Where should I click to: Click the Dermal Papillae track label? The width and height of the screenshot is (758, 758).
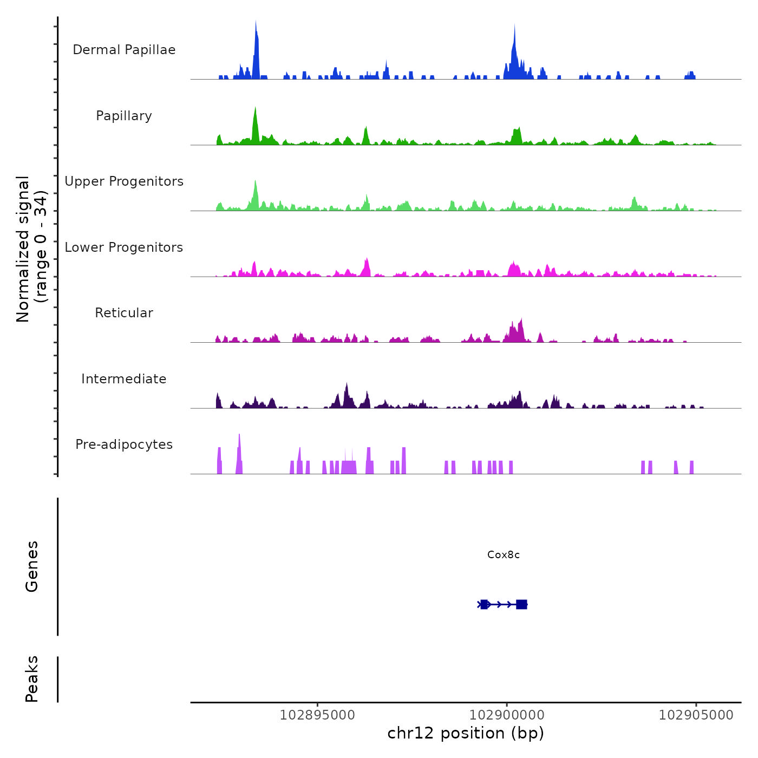tap(124, 50)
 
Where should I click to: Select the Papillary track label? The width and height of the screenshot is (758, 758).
tap(124, 116)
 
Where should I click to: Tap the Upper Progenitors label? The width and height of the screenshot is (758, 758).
tap(124, 181)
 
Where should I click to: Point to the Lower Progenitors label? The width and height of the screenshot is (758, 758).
tap(124, 247)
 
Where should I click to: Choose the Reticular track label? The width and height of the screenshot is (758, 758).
tap(124, 313)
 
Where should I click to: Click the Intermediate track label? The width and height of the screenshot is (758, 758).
tap(124, 379)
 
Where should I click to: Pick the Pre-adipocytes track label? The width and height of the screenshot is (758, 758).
tap(124, 445)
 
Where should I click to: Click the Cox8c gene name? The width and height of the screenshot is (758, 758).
tap(504, 555)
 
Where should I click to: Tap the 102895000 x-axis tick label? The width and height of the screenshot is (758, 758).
tap(317, 715)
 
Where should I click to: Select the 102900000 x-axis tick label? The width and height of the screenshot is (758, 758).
tap(507, 715)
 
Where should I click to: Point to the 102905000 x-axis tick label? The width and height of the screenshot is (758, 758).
tap(696, 715)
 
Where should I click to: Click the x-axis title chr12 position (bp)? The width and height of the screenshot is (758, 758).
tap(466, 733)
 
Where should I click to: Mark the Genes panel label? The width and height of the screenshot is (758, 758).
tap(32, 566)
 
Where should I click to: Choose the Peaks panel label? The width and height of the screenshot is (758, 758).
tap(32, 679)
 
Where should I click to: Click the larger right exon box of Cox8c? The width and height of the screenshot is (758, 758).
tap(521, 604)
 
